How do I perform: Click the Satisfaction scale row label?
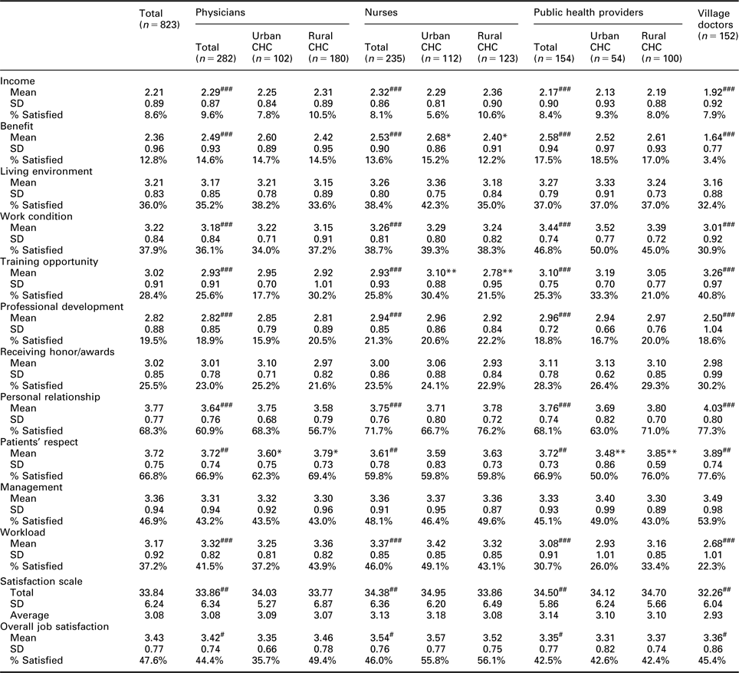(x=41, y=582)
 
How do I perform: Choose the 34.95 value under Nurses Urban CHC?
(x=435, y=592)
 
